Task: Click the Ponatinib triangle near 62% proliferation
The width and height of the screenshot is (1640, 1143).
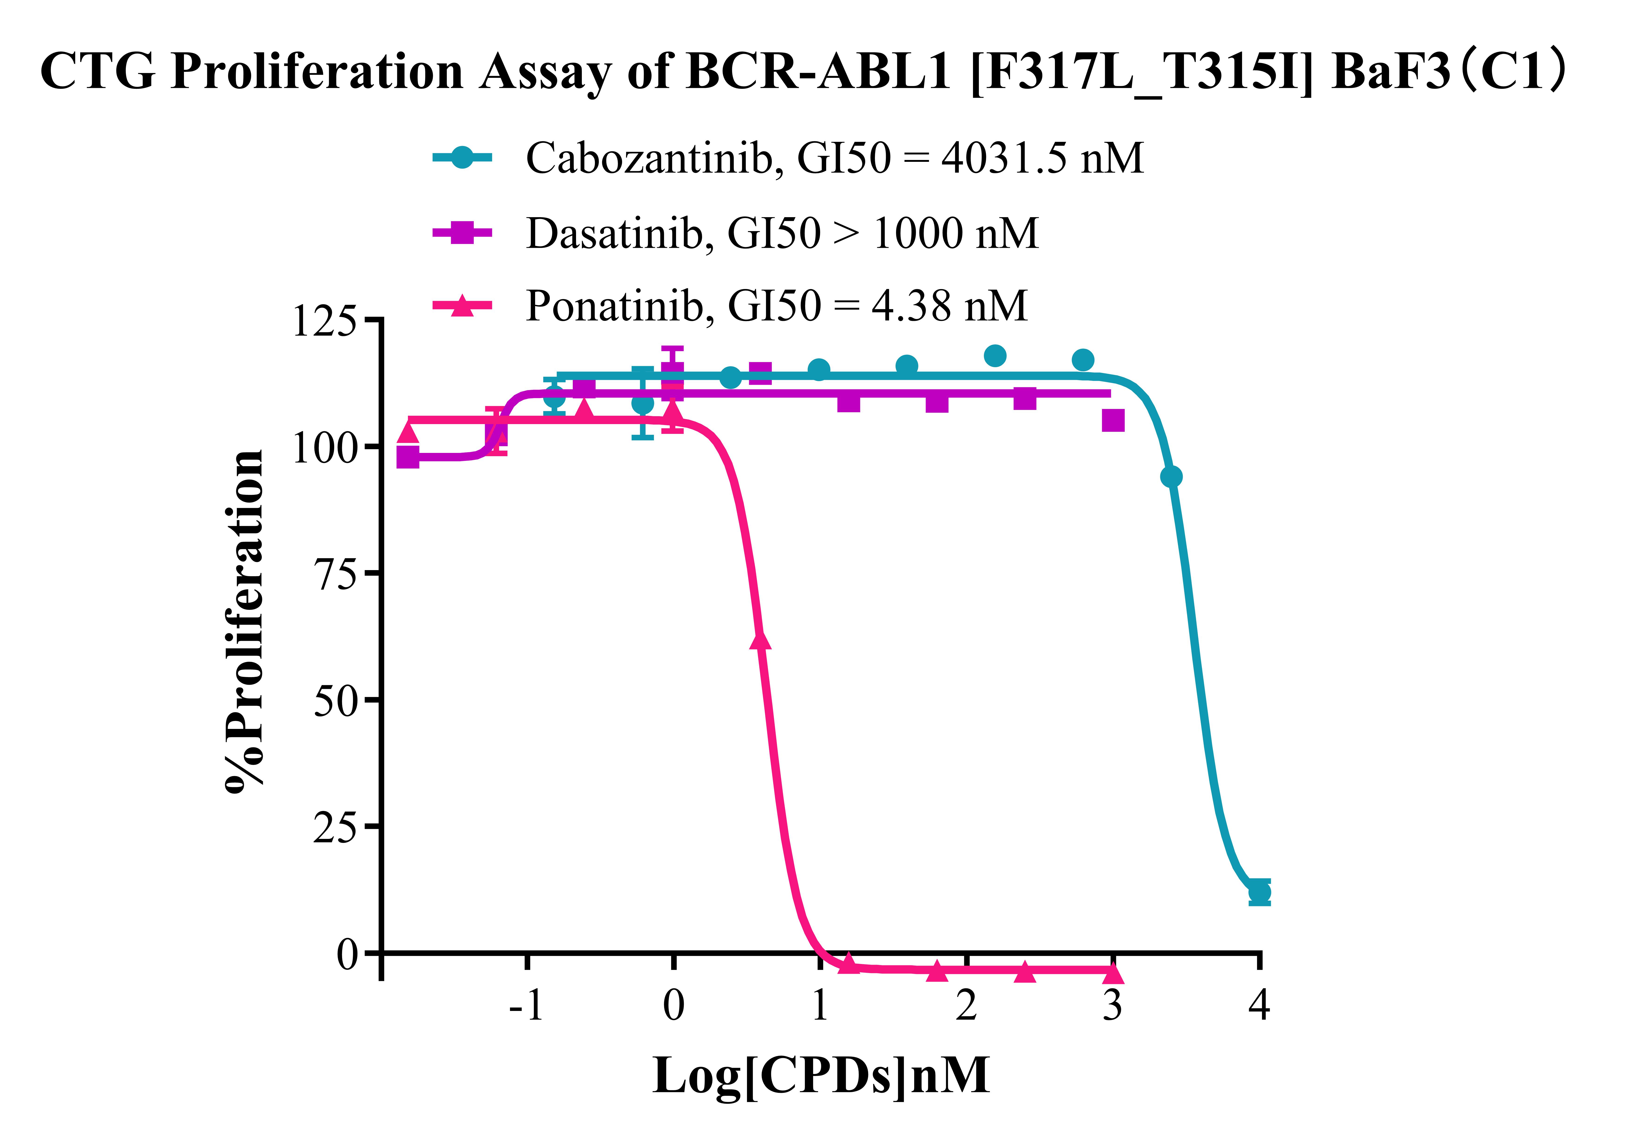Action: tap(761, 640)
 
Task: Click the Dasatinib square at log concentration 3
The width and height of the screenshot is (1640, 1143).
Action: tap(1113, 421)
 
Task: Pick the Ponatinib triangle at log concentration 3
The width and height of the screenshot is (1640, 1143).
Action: tap(1113, 972)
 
